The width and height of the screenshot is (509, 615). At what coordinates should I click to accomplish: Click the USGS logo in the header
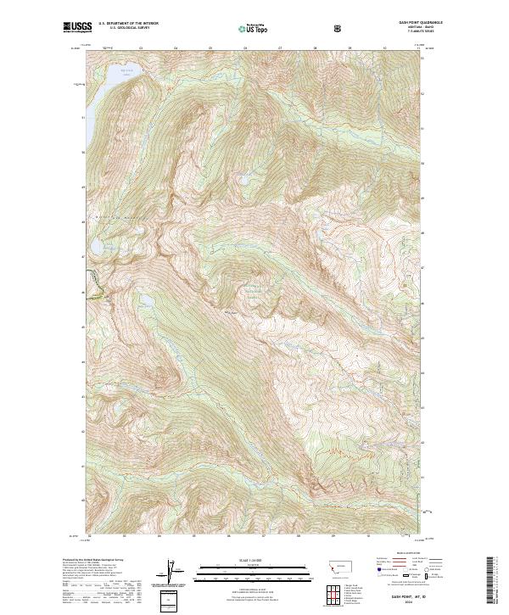click(x=78, y=27)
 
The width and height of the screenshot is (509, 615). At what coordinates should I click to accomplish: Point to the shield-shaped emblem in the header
click(x=339, y=28)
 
